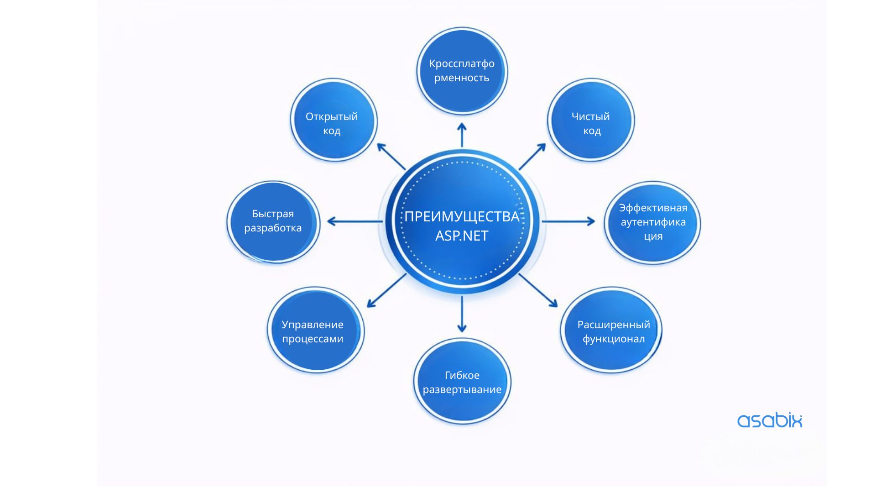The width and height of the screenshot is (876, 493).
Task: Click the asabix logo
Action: point(769,420)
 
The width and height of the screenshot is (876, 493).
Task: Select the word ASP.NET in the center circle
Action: point(462,236)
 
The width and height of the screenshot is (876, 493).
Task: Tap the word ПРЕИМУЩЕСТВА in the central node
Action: point(462,216)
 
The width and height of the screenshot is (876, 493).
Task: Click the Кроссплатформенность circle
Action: point(462,71)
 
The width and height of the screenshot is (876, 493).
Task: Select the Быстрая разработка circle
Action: point(273,222)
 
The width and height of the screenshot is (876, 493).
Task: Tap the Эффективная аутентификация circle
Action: point(652,222)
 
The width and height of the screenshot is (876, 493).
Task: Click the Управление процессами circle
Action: point(315,330)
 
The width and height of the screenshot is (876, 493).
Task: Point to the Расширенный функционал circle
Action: point(611,330)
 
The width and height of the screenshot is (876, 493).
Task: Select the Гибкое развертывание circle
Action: point(462,382)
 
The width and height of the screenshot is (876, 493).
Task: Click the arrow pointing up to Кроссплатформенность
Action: point(462,135)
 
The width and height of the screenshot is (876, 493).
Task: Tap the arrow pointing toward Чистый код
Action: point(532,157)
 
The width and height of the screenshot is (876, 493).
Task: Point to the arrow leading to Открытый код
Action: point(391,157)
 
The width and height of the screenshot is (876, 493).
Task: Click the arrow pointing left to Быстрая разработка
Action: point(355,222)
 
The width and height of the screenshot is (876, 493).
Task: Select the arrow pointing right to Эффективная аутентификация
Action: point(568,222)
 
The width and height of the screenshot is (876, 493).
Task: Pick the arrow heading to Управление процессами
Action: point(386,290)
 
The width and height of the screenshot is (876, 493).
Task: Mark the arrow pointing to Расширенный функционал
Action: point(538,290)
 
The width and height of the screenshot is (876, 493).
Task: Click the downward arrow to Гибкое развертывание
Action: point(462,314)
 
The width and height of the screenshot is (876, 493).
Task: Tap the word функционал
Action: point(614,339)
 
